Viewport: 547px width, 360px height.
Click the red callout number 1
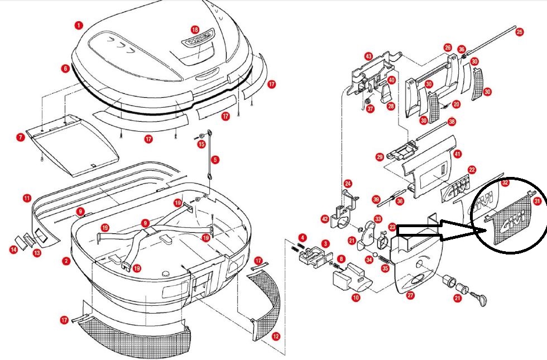point(79,25)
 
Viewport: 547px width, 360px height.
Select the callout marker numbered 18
point(195,29)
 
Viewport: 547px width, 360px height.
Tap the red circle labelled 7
point(20,137)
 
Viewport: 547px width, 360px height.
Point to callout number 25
point(519,32)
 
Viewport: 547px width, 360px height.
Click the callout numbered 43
point(368,56)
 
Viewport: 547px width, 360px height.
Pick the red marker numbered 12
point(275,337)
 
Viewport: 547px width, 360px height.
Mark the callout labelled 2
point(66,261)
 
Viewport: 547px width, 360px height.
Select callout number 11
point(27,198)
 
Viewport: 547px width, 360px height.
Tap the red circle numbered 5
point(215,160)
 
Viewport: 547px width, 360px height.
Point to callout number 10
point(356,297)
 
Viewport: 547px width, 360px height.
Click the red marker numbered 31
point(537,201)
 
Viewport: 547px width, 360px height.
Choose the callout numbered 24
point(348,183)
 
